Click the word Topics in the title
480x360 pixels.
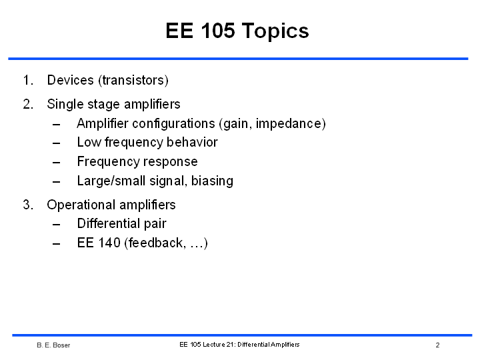point(275,31)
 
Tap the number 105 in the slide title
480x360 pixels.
point(217,30)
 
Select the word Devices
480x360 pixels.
point(70,80)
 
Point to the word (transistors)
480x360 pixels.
point(133,81)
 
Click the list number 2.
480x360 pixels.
point(28,104)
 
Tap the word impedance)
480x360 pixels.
point(291,124)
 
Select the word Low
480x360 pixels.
point(89,143)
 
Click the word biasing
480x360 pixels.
point(212,181)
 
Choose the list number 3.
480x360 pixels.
point(28,205)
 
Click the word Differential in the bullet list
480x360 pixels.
point(109,224)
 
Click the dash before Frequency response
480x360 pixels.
point(56,162)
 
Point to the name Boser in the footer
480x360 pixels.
point(61,345)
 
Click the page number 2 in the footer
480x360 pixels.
point(437,345)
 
